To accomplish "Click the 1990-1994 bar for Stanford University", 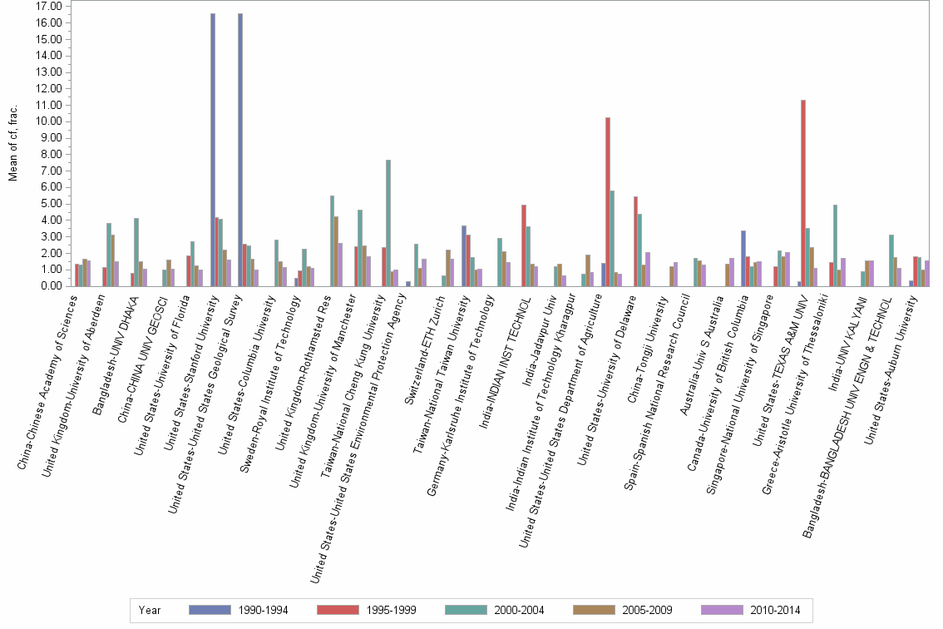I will (x=213, y=150).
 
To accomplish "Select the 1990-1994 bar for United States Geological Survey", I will (x=240, y=150).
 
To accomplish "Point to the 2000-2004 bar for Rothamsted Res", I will (x=332, y=241).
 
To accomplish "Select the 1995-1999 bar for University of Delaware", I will (x=635, y=241).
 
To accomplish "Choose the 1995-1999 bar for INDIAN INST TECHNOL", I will (x=524, y=245).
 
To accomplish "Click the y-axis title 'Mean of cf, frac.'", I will (x=12, y=146).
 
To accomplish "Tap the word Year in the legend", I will (x=150, y=611).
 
